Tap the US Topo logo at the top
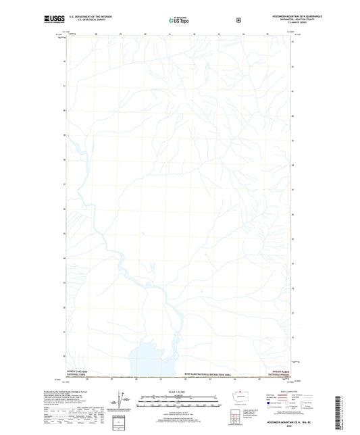click(x=178, y=21)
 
